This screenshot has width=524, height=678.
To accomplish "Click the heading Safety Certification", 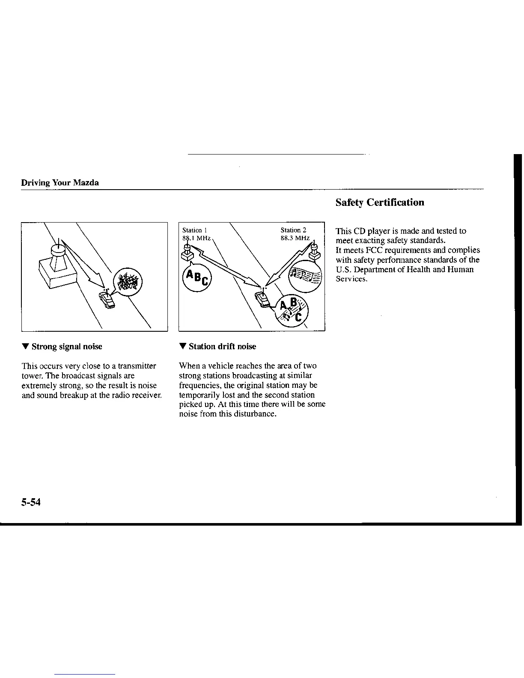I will coord(380,202).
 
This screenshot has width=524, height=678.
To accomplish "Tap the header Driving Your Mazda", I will coord(60,183).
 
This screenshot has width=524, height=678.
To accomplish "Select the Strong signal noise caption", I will coord(66,346).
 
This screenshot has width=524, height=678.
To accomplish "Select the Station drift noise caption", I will coord(222,346).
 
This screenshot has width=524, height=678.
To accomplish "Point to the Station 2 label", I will coord(293,230).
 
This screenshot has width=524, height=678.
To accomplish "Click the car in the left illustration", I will coord(107,300).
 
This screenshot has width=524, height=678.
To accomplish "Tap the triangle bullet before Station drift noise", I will coord(182,346).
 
